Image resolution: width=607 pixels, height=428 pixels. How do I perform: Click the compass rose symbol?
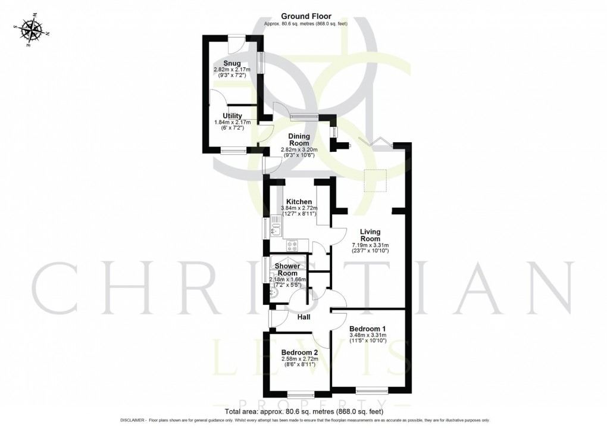(x=29, y=32)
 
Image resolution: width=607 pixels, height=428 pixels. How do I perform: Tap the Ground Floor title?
(x=306, y=16)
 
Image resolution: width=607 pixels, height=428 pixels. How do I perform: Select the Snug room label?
(x=232, y=63)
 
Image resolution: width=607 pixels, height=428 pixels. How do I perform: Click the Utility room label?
(x=232, y=115)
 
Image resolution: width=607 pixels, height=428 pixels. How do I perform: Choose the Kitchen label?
(x=299, y=201)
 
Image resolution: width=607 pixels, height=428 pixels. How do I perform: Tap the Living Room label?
(x=370, y=235)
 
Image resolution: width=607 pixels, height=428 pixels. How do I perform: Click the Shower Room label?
(x=287, y=269)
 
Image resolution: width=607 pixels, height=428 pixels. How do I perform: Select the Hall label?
(x=304, y=317)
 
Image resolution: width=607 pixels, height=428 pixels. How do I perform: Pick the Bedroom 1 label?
(x=368, y=329)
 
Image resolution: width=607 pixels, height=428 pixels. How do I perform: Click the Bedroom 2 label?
(x=300, y=352)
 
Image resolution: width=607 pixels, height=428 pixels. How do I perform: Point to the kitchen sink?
(x=276, y=226)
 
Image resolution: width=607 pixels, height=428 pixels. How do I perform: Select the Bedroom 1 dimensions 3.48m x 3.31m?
(x=368, y=335)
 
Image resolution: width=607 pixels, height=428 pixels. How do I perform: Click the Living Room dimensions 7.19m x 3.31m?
(x=370, y=245)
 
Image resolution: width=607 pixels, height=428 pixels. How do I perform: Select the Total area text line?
(x=304, y=411)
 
